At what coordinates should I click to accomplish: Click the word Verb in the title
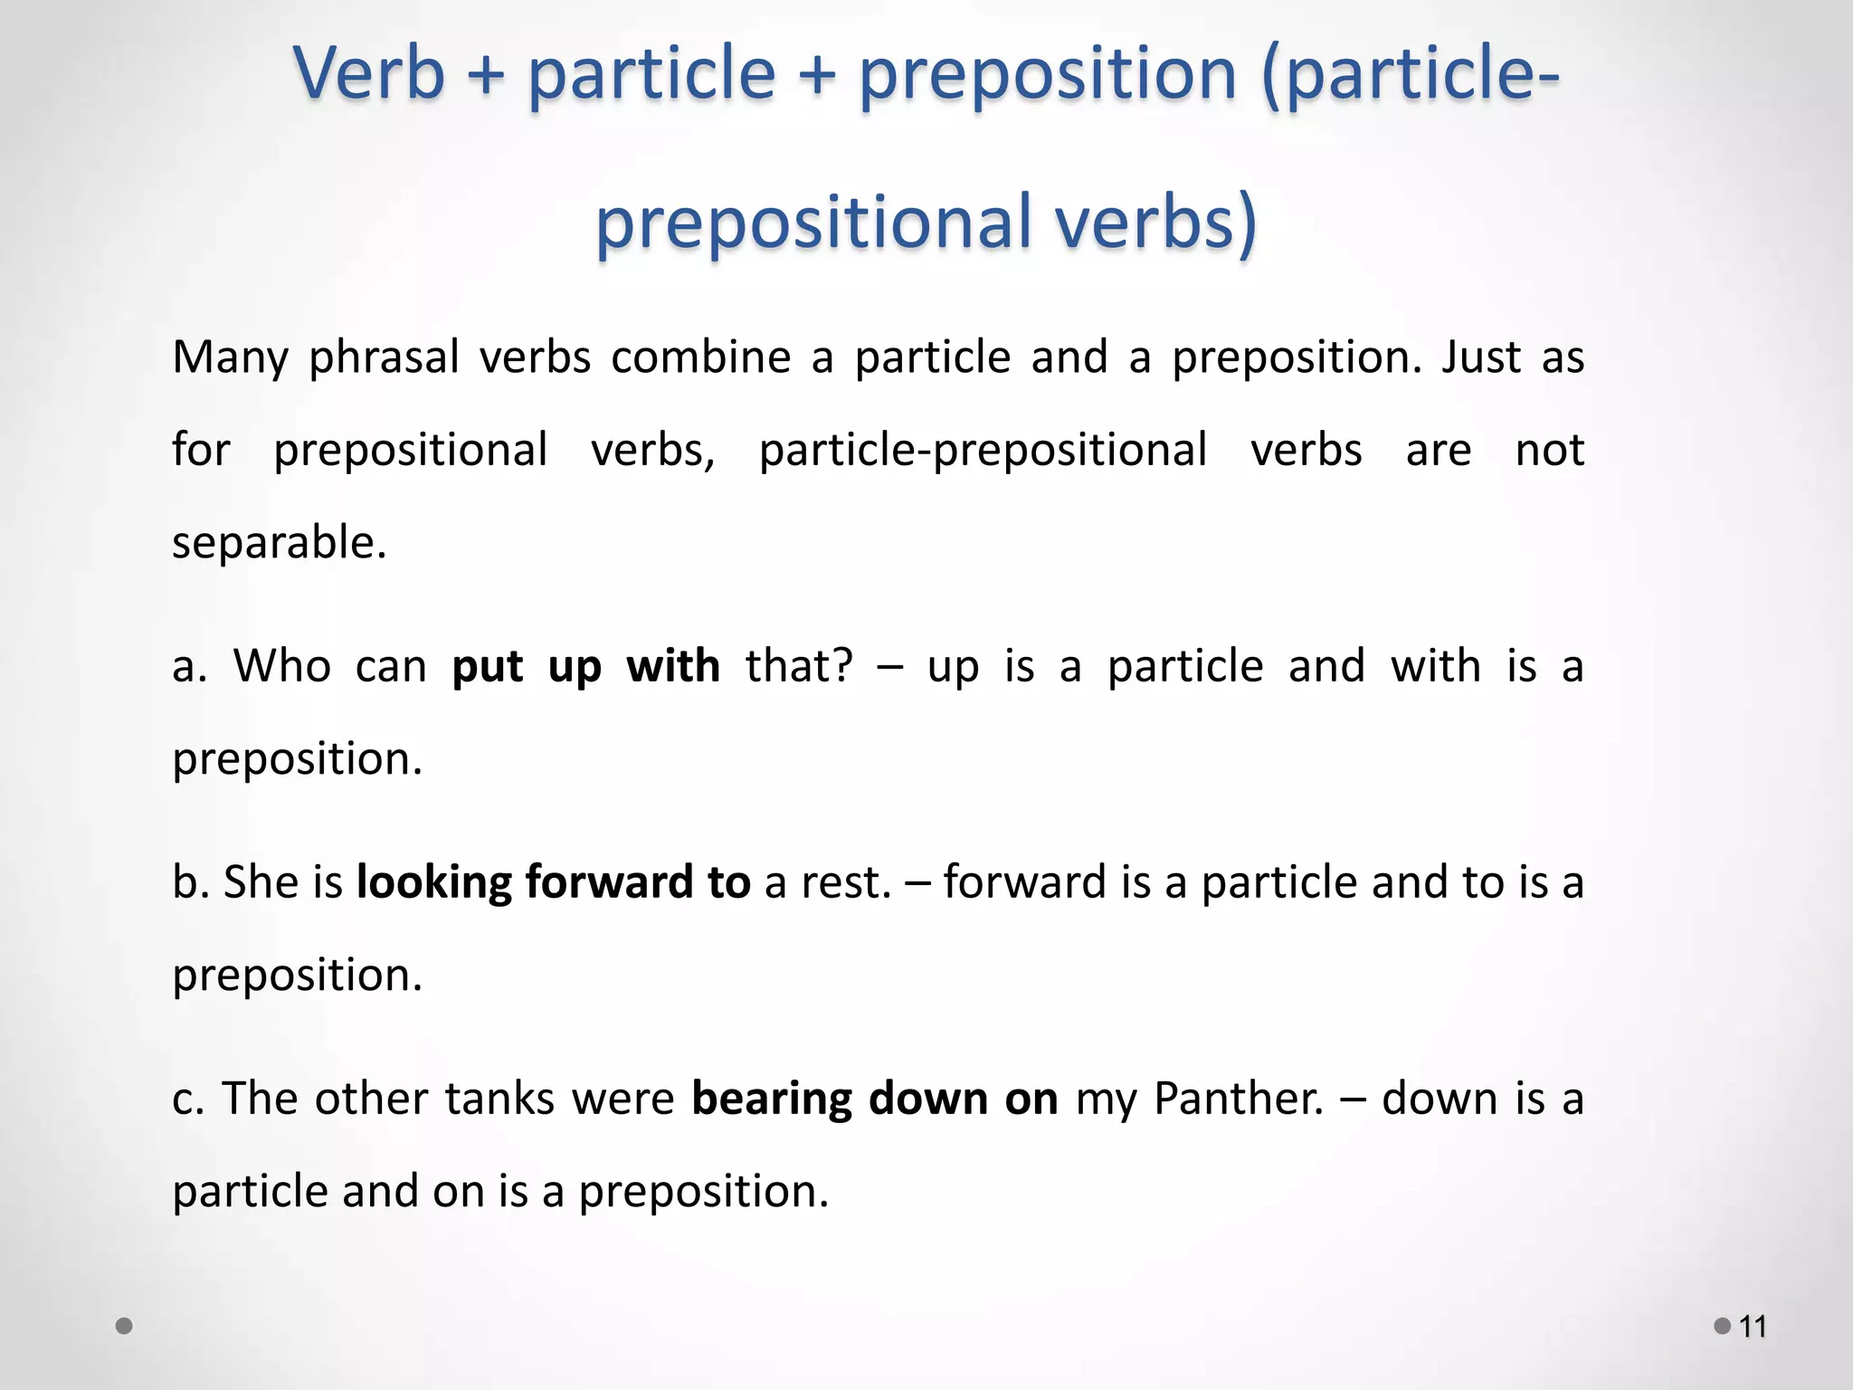[369, 73]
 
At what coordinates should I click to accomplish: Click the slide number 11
[1753, 1327]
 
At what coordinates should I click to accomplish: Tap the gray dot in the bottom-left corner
[125, 1326]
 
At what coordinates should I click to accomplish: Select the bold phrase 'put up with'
[585, 667]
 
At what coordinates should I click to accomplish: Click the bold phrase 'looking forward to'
[553, 882]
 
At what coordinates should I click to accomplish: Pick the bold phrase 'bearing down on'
[874, 1099]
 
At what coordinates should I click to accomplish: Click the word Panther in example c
[1239, 1099]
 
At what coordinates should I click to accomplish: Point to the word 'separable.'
[280, 543]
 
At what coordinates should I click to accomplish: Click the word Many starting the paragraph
[230, 357]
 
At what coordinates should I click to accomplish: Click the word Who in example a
[282, 667]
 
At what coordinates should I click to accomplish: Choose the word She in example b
[261, 882]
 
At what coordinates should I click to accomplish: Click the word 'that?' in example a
[799, 667]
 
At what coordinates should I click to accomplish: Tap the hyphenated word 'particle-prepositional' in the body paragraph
[983, 450]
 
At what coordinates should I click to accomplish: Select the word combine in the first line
[701, 357]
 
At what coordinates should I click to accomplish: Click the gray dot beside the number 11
[1723, 1326]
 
